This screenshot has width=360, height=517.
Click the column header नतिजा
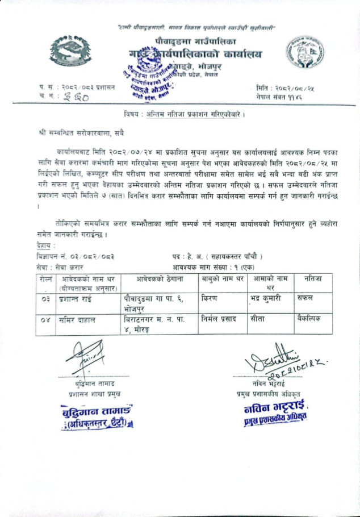click(313, 278)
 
